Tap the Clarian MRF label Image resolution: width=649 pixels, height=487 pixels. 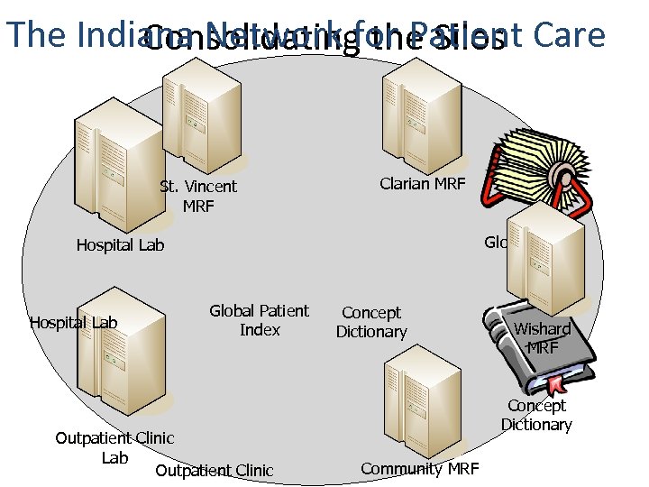pyautogui.click(x=422, y=184)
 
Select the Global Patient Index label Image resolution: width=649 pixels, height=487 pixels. pyautogui.click(x=260, y=320)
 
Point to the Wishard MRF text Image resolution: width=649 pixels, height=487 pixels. pyautogui.click(x=543, y=338)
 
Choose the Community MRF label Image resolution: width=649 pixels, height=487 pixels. pyautogui.click(x=420, y=468)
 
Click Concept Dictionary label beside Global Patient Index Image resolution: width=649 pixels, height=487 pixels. pyautogui.click(x=371, y=322)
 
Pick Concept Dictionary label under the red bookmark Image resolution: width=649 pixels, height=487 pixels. pyautogui.click(x=536, y=415)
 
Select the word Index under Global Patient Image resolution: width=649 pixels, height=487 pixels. pyautogui.click(x=260, y=330)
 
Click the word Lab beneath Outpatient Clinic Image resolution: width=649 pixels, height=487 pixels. pyautogui.click(x=114, y=458)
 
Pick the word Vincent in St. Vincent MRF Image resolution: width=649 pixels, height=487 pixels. pyautogui.click(x=211, y=187)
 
